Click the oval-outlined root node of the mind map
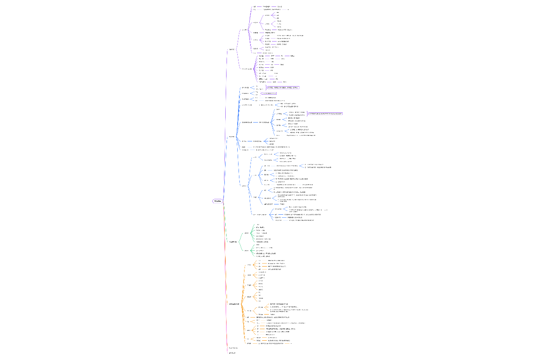pos(218,201)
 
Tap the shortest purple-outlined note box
pos(269,93)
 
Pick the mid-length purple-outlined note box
pos(283,87)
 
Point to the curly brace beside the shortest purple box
pos(260,93)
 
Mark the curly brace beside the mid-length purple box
pos(266,87)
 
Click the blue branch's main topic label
pos(232,137)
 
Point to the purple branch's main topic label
pos(232,49)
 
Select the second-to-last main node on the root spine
pos(233,348)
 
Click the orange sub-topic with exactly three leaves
pos(249,275)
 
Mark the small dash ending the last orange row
pos(291,343)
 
